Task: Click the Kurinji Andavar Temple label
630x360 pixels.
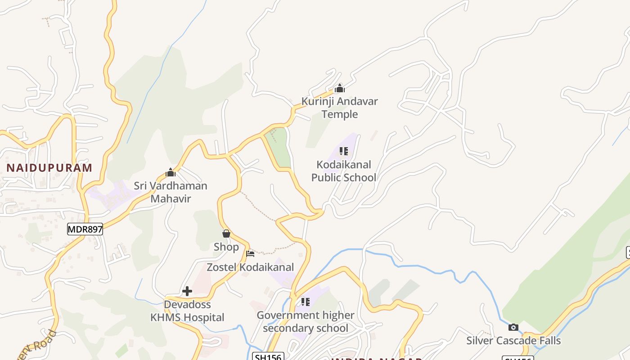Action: (x=340, y=108)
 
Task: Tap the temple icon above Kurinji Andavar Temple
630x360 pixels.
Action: (x=340, y=88)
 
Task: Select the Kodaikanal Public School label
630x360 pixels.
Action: (x=344, y=171)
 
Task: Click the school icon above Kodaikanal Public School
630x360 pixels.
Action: (x=344, y=151)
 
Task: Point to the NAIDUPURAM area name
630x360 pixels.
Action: (x=49, y=168)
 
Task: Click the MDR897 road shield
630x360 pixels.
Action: (x=85, y=229)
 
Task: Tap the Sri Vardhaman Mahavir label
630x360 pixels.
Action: (x=171, y=192)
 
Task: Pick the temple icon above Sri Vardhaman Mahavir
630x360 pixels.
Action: (x=171, y=172)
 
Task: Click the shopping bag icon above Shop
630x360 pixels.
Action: (x=226, y=234)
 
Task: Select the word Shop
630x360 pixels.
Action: (x=226, y=247)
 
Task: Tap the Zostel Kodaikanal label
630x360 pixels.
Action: (x=250, y=267)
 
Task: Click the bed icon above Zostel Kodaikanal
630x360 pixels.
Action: (x=250, y=254)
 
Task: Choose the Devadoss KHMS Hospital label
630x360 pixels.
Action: (x=187, y=311)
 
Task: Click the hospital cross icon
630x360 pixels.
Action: (x=187, y=291)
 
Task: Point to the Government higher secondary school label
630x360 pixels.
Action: (x=306, y=322)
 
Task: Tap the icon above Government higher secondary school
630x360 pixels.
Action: (x=306, y=301)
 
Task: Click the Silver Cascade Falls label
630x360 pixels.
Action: (x=513, y=341)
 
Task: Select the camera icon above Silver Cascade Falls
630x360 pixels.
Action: (x=513, y=327)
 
